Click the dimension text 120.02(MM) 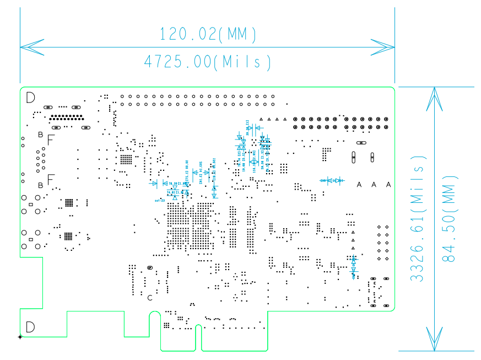[x=208, y=35]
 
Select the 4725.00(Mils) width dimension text [x=208, y=61]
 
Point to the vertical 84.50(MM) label [x=451, y=219]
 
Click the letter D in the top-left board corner [x=30, y=98]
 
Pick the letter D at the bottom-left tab [x=30, y=327]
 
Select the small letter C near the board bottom [x=150, y=298]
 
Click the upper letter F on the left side [x=51, y=139]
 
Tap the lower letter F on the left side [x=51, y=180]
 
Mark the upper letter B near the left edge [x=40, y=135]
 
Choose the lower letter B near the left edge [x=40, y=185]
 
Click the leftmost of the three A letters [x=360, y=185]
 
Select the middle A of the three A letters [x=374, y=185]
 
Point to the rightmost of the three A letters [x=388, y=185]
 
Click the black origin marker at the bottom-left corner [x=20, y=336]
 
